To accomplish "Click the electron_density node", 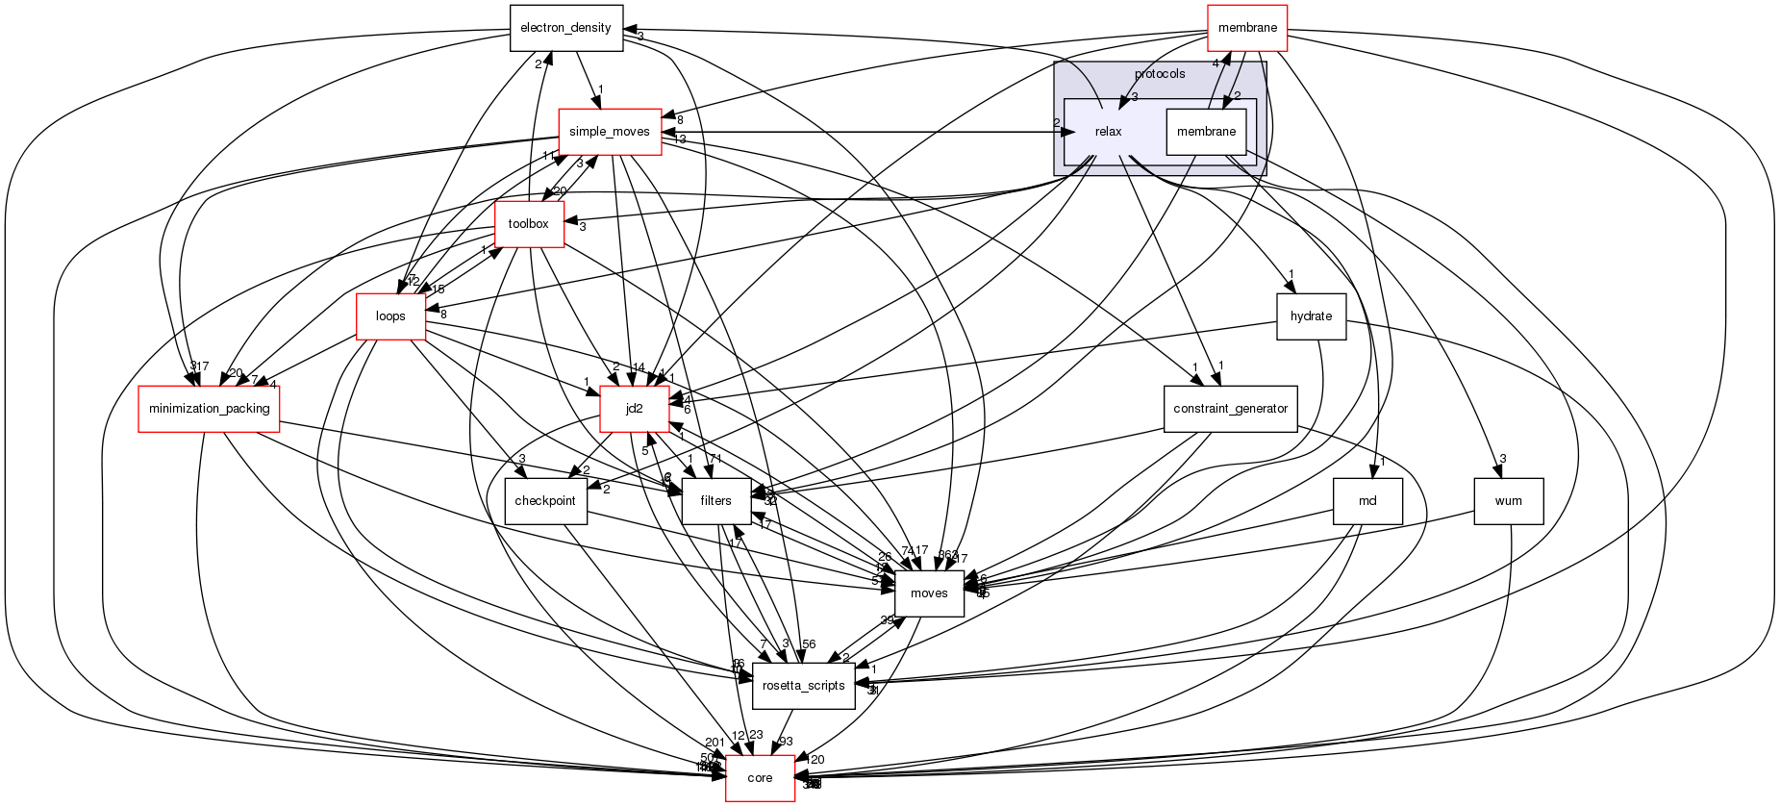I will [565, 28].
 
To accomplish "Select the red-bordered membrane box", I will [1247, 28].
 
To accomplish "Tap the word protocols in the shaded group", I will [1160, 74].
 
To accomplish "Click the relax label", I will [1109, 132].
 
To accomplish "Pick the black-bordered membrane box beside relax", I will [1206, 132].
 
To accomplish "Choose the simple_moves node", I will [610, 132].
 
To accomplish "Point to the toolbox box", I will [528, 224].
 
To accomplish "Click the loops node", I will [390, 316].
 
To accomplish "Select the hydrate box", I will [1311, 316].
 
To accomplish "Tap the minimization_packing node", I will [209, 409].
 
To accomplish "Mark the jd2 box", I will [634, 409].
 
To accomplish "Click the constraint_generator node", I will [1230, 409].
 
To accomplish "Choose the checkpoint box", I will [545, 501].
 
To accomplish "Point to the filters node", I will [715, 501].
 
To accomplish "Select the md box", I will [1367, 501].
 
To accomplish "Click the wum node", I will [1508, 501].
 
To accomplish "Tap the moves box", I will [929, 593].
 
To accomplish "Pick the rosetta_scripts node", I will [803, 686].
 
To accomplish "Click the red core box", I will [760, 778].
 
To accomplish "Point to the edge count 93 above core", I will [786, 742].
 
